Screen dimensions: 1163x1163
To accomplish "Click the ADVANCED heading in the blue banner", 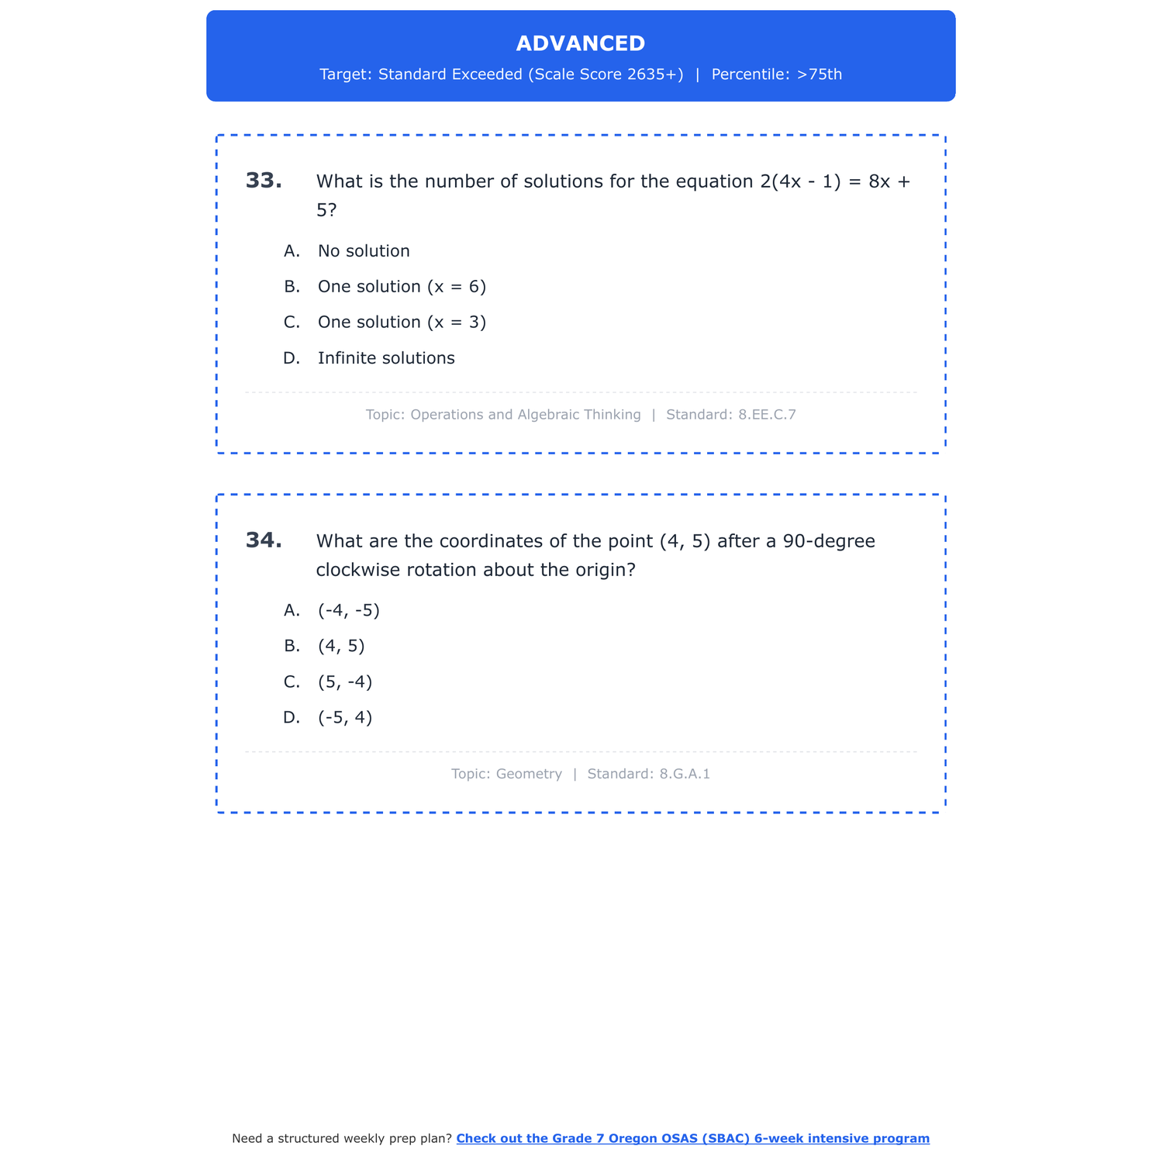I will tap(580, 43).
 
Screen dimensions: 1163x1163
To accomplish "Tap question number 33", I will tap(264, 181).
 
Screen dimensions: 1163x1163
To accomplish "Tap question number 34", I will tap(264, 540).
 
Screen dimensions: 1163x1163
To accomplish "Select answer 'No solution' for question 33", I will tap(364, 251).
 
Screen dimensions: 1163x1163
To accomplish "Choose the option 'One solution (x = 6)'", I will tap(402, 287).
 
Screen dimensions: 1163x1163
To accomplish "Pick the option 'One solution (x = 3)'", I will tap(402, 323).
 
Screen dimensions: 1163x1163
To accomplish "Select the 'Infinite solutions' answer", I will tap(386, 358).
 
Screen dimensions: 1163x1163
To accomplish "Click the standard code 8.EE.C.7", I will tap(767, 415).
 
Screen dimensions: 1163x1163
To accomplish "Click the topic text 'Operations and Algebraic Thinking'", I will tap(525, 415).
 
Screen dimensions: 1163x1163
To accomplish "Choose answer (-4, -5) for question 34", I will tap(349, 611).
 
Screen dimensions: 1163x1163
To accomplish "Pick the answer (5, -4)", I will tap(345, 682).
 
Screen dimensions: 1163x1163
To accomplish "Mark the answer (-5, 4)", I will tap(345, 718).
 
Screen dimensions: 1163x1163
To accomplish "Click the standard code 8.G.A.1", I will tap(684, 774).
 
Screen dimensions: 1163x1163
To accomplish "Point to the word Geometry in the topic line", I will tap(529, 774).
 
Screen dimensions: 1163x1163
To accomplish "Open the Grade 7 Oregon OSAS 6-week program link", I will tap(692, 1138).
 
